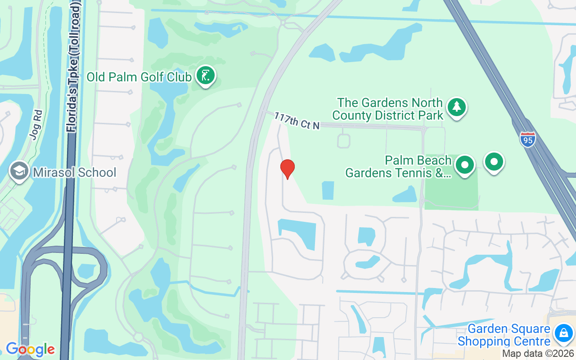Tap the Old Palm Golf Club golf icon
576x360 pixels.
tap(206, 76)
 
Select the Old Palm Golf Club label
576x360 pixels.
tap(139, 77)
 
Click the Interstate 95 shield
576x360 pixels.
tap(527, 140)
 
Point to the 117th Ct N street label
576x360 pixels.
tap(297, 121)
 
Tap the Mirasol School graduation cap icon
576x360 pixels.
tap(19, 171)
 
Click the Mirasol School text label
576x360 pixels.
tap(74, 172)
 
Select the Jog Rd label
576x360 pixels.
tap(37, 125)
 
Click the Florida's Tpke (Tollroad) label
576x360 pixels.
tap(74, 67)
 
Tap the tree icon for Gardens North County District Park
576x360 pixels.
tap(457, 108)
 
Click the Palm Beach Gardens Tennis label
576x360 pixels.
tap(398, 166)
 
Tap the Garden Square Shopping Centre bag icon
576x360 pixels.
tap(563, 333)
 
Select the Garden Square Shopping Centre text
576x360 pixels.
tap(508, 335)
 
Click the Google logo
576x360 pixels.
tap(30, 349)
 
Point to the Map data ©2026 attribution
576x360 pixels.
tap(538, 354)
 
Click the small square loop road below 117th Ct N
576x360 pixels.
tap(343, 141)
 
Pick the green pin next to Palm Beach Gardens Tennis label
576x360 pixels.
tap(465, 165)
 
